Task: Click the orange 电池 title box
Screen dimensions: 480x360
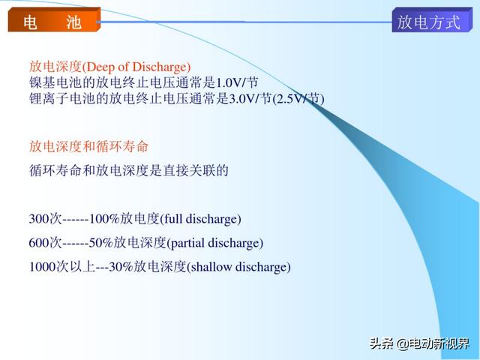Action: pyautogui.click(x=54, y=20)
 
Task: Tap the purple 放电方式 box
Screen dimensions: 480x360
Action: pyautogui.click(x=432, y=20)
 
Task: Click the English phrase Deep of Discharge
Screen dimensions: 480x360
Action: pyautogui.click(x=136, y=67)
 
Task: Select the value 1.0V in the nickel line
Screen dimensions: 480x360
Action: pyautogui.click(x=229, y=82)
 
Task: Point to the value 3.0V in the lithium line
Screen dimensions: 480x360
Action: pyautogui.click(x=242, y=98)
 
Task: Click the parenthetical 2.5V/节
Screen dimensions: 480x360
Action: pyautogui.click(x=298, y=98)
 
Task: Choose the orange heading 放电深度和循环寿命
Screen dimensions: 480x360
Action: pyautogui.click(x=88, y=146)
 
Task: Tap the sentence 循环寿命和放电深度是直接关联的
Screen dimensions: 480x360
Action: pyautogui.click(x=128, y=170)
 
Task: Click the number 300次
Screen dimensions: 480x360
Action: pyautogui.click(x=45, y=219)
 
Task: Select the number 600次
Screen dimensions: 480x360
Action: pyautogui.click(x=45, y=243)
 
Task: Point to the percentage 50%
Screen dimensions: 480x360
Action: pyautogui.click(x=100, y=243)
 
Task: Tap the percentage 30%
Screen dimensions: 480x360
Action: pyautogui.click(x=121, y=267)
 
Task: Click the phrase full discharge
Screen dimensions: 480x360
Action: pyautogui.click(x=200, y=219)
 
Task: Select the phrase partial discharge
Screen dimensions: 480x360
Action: pyautogui.click(x=215, y=243)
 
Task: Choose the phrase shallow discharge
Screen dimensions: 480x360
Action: pyautogui.click(x=238, y=267)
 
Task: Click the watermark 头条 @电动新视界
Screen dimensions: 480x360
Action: pyautogui.click(x=419, y=343)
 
